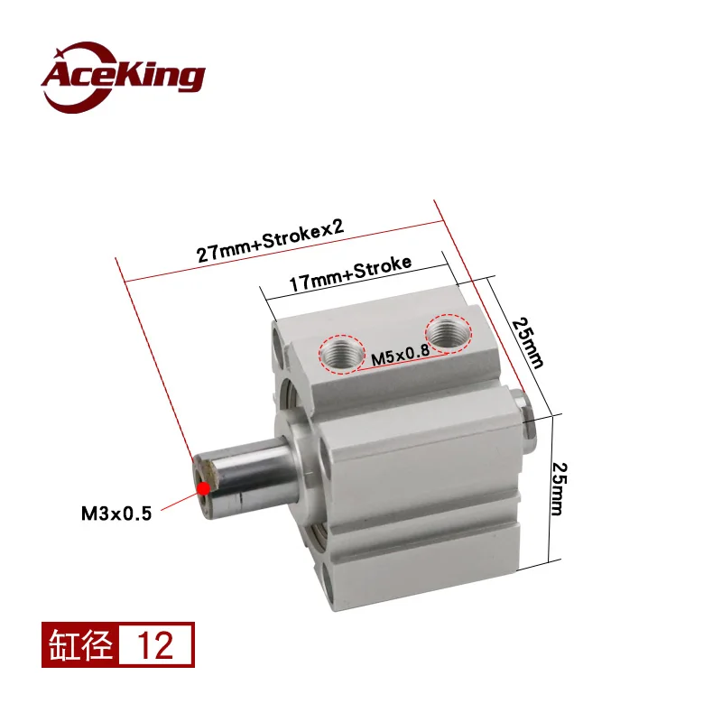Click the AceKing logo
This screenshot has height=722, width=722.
click(x=123, y=77)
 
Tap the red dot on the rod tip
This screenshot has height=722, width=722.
click(x=203, y=487)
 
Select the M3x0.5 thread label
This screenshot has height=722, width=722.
click(x=116, y=514)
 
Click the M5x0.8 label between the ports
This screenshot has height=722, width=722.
click(x=400, y=355)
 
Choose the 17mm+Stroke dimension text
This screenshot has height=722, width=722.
click(x=350, y=273)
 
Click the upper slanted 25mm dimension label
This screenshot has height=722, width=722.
click(x=528, y=343)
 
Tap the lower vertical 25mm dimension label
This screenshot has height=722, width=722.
click(x=559, y=489)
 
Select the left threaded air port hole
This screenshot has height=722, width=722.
click(x=342, y=354)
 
